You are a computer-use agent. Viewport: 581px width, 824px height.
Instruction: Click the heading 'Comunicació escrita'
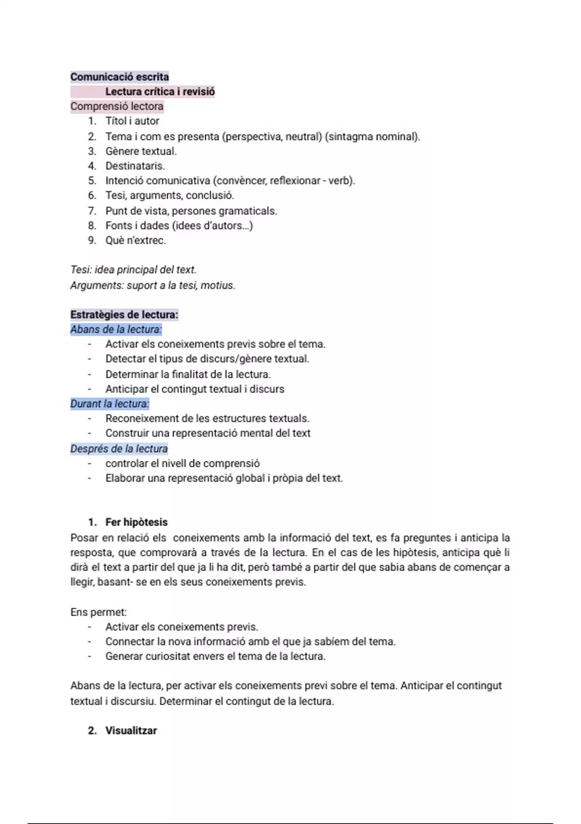point(120,77)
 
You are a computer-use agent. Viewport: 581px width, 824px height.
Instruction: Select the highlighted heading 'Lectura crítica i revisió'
point(160,92)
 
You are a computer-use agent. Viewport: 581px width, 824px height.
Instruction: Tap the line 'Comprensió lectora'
point(117,106)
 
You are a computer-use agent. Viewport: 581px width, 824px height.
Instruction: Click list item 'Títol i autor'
point(132,121)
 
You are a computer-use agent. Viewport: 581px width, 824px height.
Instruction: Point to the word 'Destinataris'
point(135,166)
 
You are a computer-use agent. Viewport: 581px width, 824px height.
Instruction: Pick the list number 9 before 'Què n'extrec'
point(92,240)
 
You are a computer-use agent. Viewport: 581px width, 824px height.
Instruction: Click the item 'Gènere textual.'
point(141,151)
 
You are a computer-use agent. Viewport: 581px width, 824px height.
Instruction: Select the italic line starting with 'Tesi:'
point(133,270)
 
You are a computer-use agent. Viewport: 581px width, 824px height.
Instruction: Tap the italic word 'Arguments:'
point(97,285)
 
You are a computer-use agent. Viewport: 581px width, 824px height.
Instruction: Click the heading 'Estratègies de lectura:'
point(124,315)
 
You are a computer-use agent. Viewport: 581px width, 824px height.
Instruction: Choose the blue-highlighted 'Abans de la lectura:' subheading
point(116,330)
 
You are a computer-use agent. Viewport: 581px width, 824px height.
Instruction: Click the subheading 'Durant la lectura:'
point(109,404)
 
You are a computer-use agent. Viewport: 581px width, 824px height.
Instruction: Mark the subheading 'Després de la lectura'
point(119,449)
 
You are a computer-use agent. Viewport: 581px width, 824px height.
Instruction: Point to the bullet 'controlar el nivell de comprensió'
point(183,463)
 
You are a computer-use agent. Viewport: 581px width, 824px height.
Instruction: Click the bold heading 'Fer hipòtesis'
point(136,522)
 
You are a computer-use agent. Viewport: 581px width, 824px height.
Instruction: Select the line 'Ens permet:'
point(98,612)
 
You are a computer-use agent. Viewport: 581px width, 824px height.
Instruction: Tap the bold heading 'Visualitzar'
point(131,730)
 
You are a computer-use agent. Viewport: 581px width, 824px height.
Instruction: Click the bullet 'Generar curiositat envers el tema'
point(215,656)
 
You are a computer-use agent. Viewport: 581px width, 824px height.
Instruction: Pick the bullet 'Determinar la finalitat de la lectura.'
point(188,374)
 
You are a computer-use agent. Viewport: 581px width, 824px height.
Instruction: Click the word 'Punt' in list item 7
point(116,211)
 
